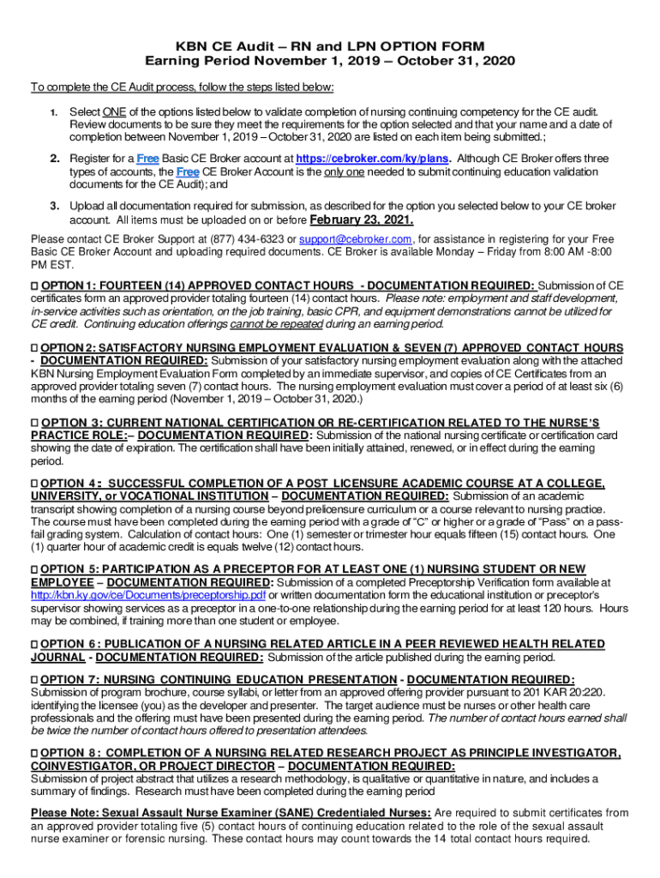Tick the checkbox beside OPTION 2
[34, 347]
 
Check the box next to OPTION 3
[34, 422]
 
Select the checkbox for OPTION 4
[34, 484]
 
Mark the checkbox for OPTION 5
[34, 570]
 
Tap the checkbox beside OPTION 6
[34, 644]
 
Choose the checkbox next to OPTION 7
[34, 680]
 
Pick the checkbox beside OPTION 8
[34, 753]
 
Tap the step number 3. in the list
[53, 206]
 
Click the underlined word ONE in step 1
[113, 112]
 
